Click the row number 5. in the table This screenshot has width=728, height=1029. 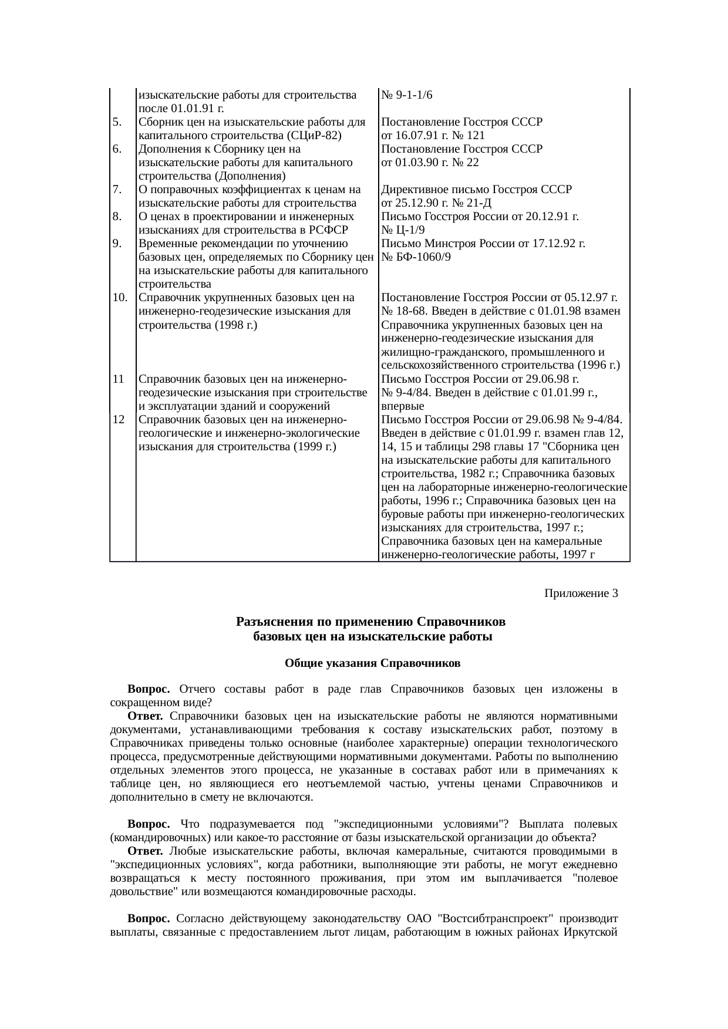tap(117, 122)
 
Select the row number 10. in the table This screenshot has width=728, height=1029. tap(120, 298)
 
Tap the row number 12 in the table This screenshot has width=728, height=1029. tap(118, 420)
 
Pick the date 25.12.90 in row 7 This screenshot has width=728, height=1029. tap(415, 203)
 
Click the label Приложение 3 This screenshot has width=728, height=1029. tap(581, 593)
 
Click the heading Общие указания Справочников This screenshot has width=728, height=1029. tap(372, 663)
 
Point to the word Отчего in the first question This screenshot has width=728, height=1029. tap(197, 689)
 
